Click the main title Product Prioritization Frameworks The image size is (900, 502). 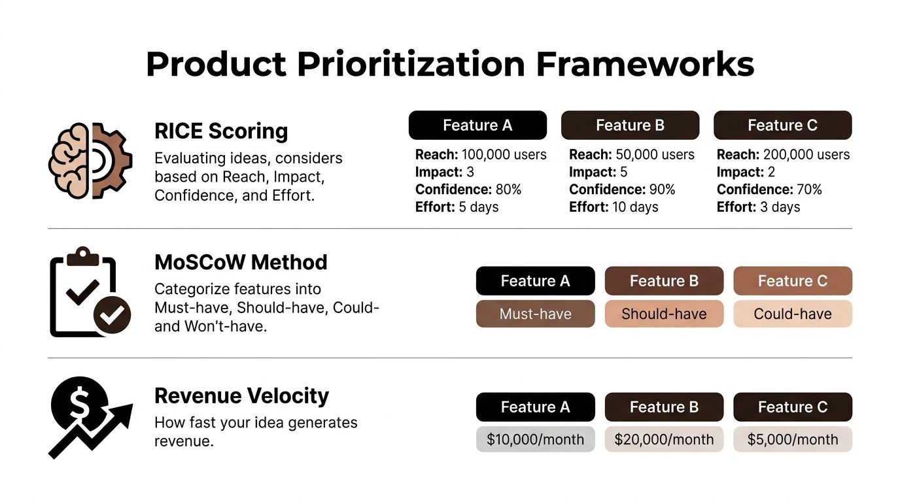(450, 64)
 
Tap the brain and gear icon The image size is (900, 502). (90, 160)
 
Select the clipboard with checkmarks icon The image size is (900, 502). (90, 292)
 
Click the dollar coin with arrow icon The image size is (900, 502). (90, 416)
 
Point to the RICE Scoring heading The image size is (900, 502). (221, 131)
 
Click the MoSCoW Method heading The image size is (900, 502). (241, 262)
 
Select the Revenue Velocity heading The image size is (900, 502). (241, 395)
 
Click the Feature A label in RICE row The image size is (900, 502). (477, 125)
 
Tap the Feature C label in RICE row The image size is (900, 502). (782, 125)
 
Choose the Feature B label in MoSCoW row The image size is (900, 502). (664, 281)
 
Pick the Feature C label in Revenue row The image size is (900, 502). (793, 407)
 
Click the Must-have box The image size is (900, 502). (535, 314)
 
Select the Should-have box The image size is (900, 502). (664, 314)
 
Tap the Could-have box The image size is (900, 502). (793, 314)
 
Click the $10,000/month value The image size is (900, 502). (535, 439)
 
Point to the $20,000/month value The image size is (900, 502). (664, 439)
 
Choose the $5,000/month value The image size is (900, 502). (793, 439)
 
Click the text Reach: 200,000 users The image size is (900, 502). (783, 155)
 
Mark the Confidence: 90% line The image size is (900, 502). (622, 190)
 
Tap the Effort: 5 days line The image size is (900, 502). (457, 207)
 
